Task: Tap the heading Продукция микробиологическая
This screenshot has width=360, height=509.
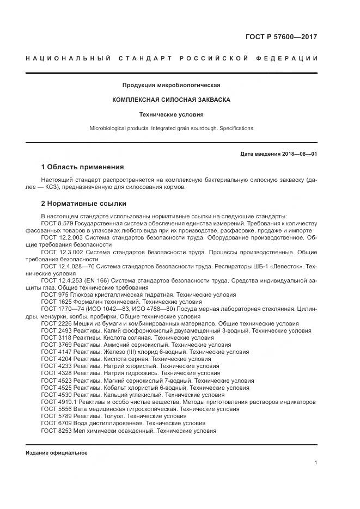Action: tap(171, 85)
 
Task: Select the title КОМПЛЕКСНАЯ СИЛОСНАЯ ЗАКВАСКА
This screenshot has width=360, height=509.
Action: tap(171, 100)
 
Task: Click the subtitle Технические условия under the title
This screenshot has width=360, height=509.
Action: tap(171, 115)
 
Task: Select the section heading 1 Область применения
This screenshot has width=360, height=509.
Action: tap(82, 167)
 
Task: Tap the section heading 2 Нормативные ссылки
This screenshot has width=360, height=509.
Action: tap(83, 204)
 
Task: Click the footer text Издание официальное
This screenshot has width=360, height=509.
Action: tap(56, 452)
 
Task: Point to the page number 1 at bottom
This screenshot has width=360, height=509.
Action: tap(315, 462)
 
